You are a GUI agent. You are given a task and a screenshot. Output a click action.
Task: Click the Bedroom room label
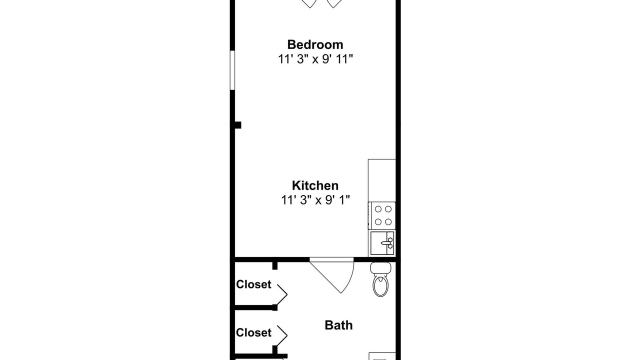[x=315, y=44]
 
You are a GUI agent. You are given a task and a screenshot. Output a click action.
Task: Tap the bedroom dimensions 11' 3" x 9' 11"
[x=315, y=59]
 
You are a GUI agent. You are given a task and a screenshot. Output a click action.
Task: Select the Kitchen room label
[x=315, y=185]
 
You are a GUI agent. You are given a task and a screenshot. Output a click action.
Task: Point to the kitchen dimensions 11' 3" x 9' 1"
[x=315, y=200]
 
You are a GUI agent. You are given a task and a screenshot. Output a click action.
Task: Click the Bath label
[x=338, y=325]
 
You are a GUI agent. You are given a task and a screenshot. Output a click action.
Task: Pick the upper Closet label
[x=253, y=284]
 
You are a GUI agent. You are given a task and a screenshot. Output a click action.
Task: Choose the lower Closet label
[x=253, y=332]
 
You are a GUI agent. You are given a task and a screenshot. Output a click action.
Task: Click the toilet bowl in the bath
[x=380, y=285]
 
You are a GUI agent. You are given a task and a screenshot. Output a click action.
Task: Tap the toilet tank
[x=380, y=268]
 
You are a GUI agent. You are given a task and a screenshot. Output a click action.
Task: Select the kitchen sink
[x=382, y=243]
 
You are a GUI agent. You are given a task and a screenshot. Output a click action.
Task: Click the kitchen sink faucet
[x=388, y=243]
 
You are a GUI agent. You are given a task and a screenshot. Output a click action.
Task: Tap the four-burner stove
[x=382, y=215]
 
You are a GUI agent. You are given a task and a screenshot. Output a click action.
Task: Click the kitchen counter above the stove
[x=382, y=180]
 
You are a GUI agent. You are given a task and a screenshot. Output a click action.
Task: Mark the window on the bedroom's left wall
[x=232, y=70]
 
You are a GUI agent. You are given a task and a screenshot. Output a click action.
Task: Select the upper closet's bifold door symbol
[x=282, y=294]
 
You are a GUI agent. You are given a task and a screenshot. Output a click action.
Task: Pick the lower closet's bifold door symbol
[x=282, y=335]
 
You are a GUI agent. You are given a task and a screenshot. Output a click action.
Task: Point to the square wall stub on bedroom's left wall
[x=238, y=125]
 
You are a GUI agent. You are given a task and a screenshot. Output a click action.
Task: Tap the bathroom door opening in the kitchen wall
[x=331, y=259]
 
